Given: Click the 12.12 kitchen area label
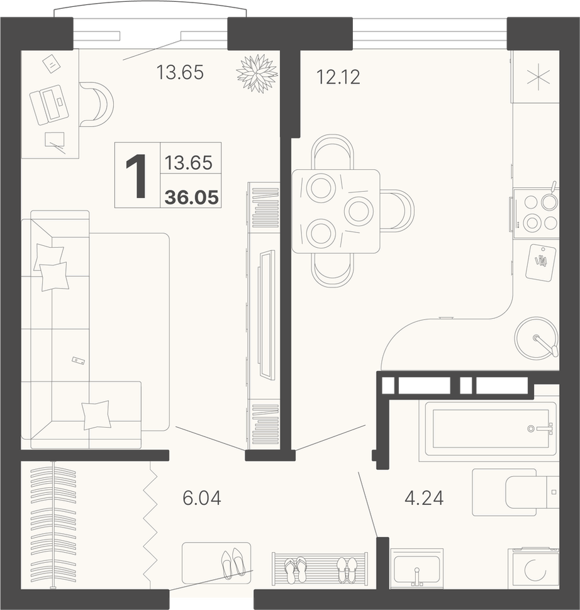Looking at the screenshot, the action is click(x=338, y=77).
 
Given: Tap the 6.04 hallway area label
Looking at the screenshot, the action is click(x=202, y=498).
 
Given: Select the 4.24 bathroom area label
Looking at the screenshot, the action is click(x=424, y=498).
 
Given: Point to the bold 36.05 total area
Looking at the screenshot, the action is click(x=191, y=198).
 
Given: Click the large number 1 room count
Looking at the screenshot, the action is click(x=137, y=176).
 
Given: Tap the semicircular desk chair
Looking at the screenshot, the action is click(x=98, y=104).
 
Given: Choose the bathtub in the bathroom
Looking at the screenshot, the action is click(x=491, y=428).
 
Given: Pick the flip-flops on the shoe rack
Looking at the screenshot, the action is click(x=296, y=570).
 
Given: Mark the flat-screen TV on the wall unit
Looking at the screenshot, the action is click(x=267, y=314).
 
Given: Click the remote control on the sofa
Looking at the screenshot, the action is click(x=78, y=360).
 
